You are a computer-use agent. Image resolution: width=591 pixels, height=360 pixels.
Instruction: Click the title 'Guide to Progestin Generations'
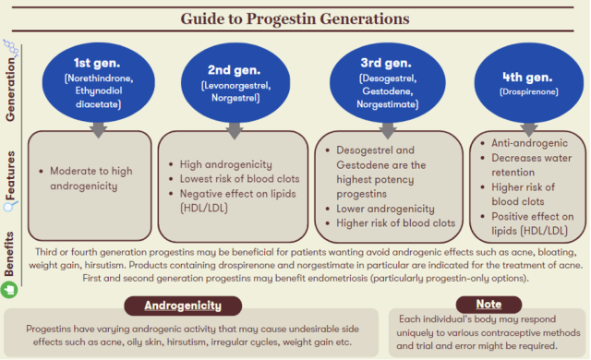tap(295, 18)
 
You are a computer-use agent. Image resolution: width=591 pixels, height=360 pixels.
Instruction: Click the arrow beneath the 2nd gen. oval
tap(234, 132)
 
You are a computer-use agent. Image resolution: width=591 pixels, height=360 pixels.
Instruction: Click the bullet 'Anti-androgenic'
tap(533, 143)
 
